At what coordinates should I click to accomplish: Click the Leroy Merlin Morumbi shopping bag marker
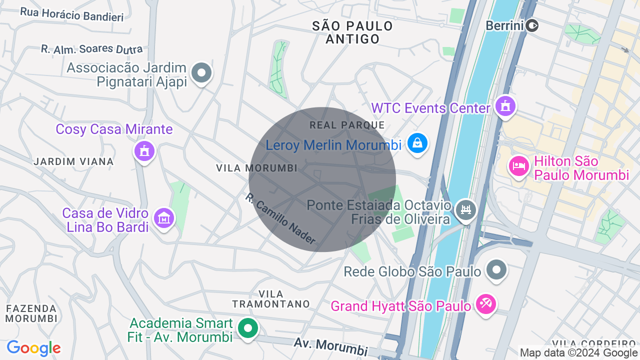click(417, 144)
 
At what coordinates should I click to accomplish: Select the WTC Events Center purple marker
click(505, 106)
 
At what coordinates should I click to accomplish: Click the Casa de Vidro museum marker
click(164, 218)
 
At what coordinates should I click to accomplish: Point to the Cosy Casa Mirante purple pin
click(144, 150)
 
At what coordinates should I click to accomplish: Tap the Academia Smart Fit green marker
click(247, 328)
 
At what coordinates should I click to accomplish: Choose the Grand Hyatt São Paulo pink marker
click(485, 303)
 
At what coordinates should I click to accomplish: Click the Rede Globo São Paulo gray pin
click(496, 270)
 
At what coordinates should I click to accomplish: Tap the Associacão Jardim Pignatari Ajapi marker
click(201, 73)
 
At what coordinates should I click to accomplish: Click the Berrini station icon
click(532, 25)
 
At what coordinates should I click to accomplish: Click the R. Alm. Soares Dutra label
click(91, 49)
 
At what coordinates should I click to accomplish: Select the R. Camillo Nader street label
click(280, 219)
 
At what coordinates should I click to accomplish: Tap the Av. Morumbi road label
click(330, 346)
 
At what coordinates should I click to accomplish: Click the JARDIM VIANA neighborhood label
click(73, 161)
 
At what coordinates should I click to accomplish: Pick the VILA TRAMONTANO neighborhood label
click(271, 299)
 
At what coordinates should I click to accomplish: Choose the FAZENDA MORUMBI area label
click(31, 313)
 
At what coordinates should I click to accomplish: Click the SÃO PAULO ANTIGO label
click(352, 32)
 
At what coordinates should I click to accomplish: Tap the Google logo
click(33, 348)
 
